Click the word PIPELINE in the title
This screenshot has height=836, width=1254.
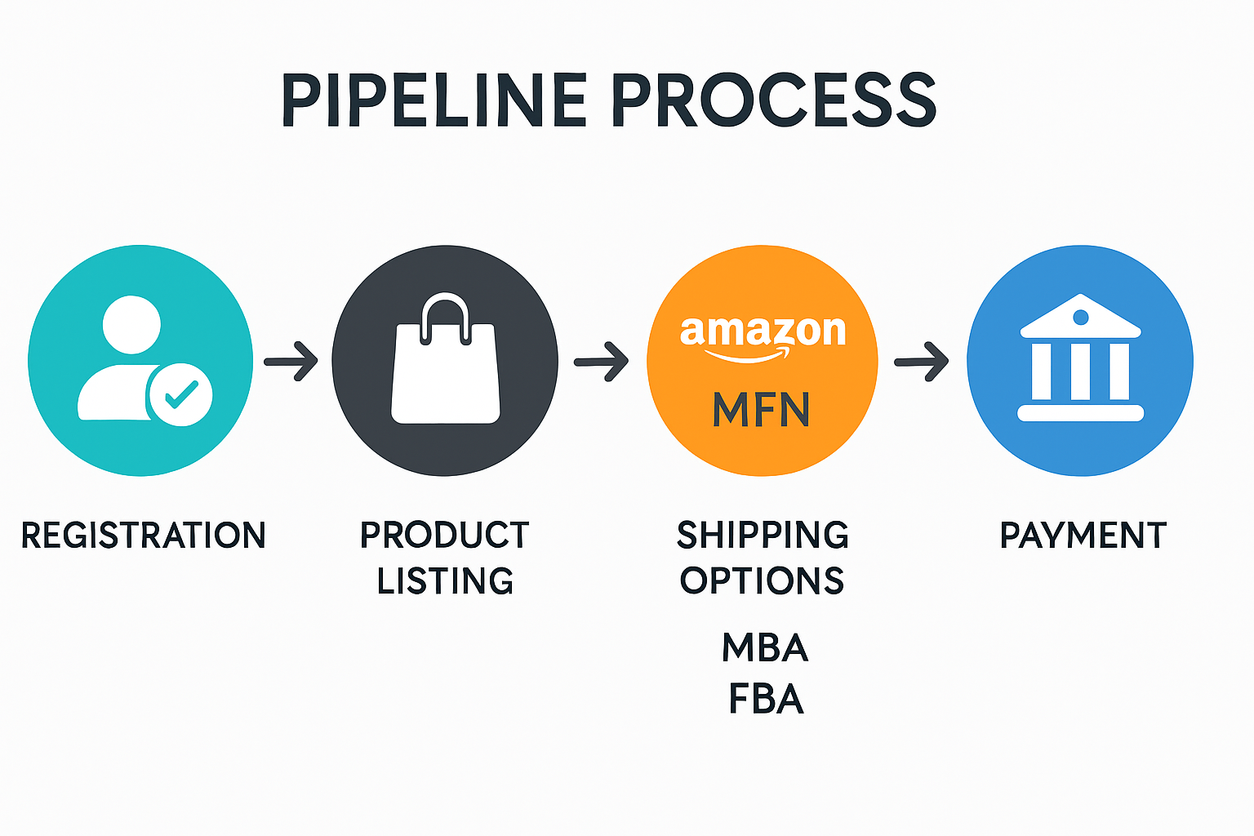(x=434, y=100)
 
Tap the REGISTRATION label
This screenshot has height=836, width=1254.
(x=144, y=536)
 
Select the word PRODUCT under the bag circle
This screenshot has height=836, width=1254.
(x=445, y=536)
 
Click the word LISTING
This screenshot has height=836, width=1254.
(x=445, y=581)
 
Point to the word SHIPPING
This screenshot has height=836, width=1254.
(x=763, y=536)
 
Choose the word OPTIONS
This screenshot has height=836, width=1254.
(x=763, y=581)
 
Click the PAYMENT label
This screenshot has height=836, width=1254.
(x=1083, y=536)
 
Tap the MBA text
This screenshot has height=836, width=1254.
(x=765, y=648)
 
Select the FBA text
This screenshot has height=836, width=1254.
(x=766, y=700)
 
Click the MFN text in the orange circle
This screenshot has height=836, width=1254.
(x=761, y=410)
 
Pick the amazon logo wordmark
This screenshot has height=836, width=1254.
(x=763, y=333)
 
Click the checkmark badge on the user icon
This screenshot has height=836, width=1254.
(x=181, y=394)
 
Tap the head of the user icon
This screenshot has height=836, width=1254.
(x=131, y=324)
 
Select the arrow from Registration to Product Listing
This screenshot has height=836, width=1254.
(x=291, y=361)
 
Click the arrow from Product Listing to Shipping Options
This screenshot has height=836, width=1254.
(x=602, y=361)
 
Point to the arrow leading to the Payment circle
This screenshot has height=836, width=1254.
(x=922, y=361)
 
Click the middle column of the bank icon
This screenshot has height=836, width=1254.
(x=1080, y=371)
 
